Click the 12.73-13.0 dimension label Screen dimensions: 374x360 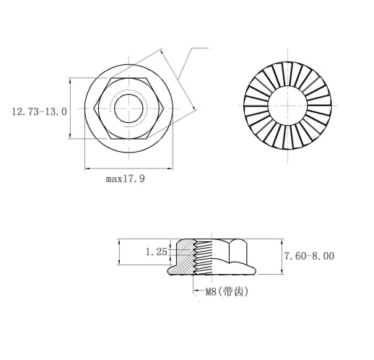click(39, 112)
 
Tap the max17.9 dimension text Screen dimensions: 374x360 click(126, 179)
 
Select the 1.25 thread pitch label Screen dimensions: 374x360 click(156, 252)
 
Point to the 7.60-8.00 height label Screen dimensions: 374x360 click(309, 256)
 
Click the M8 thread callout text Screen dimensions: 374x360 click(211, 292)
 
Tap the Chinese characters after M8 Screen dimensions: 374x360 click(232, 292)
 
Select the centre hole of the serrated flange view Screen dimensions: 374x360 click(287, 106)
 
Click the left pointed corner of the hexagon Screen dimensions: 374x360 click(94, 108)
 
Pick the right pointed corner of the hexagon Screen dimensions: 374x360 click(165, 108)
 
